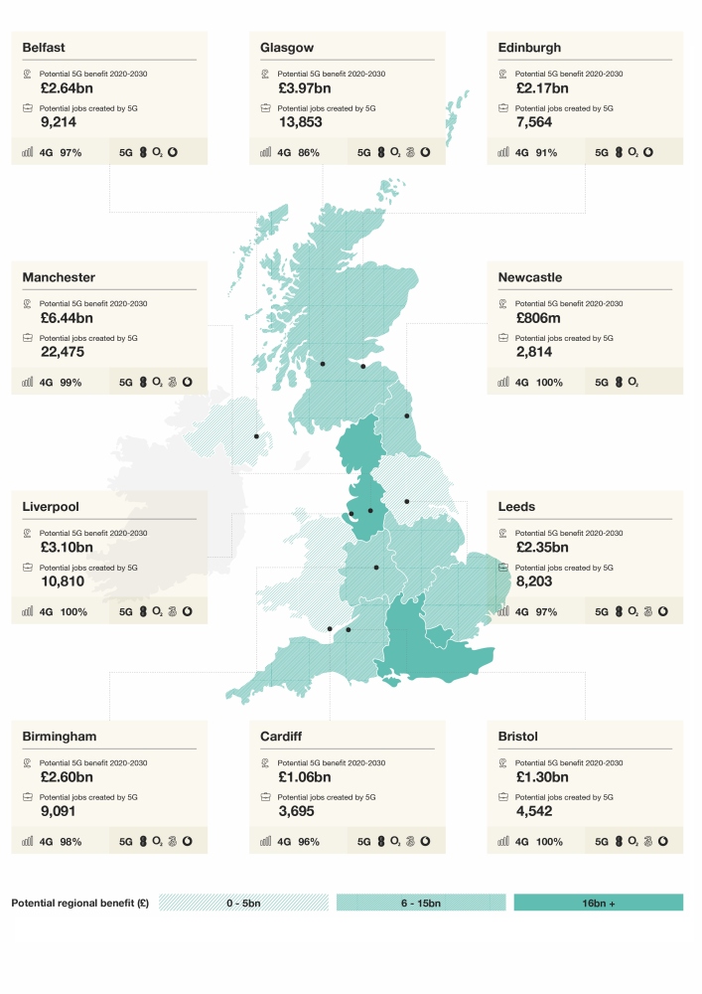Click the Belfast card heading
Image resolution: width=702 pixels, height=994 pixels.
coord(44,48)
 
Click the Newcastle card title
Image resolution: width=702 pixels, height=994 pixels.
coord(530,278)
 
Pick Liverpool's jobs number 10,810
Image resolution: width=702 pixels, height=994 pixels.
coord(53,581)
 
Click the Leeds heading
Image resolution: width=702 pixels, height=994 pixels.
coord(516,507)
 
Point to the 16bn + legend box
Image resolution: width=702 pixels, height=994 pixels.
coord(599,903)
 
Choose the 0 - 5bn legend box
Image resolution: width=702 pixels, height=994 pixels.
coord(243,903)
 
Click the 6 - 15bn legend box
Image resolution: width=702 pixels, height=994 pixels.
coord(421,903)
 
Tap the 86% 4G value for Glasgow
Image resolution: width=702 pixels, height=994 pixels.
coord(309,153)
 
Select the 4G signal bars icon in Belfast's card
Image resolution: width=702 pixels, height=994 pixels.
coord(27,153)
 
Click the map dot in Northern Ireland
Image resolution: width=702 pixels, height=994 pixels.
coord(256,436)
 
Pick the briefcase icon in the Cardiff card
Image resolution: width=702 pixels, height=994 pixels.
coord(266,797)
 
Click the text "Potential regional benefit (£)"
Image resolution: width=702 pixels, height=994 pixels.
coord(79,903)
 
